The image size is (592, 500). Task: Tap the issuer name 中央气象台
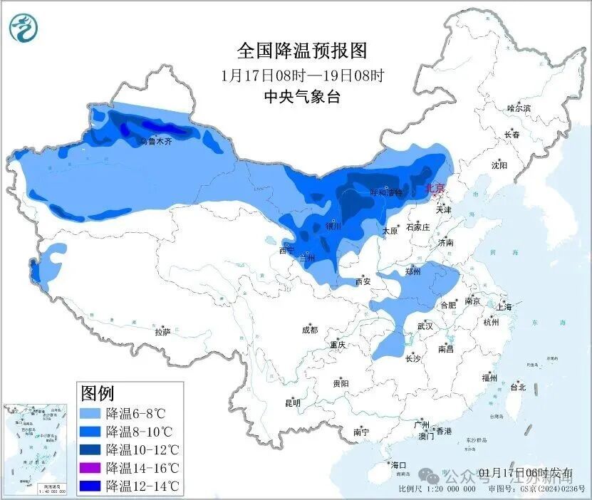[301, 97]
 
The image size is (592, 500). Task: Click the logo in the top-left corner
[24, 28]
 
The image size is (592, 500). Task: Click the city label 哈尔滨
[519, 108]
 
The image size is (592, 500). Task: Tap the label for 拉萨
[162, 331]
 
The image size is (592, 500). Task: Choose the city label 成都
[309, 330]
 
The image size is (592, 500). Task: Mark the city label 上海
[505, 307]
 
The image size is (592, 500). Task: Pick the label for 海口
[398, 465]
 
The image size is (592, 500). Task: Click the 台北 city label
[518, 387]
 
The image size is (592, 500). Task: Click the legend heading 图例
[97, 392]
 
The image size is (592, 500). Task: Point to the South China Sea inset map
[36, 445]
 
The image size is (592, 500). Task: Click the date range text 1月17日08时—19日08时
[301, 75]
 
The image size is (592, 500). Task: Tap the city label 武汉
[425, 325]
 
